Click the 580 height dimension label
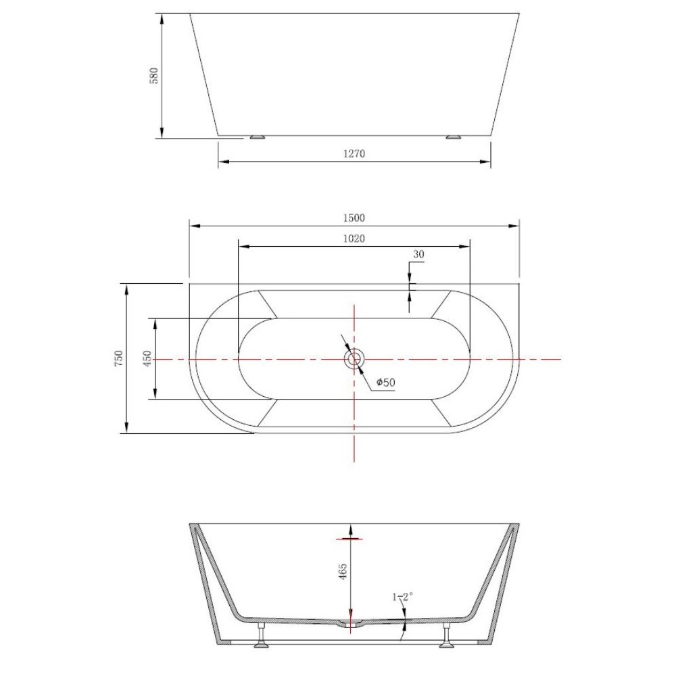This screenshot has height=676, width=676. pyautogui.click(x=154, y=76)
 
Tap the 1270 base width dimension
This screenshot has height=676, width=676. pyautogui.click(x=354, y=153)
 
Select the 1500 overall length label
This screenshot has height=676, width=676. pyautogui.click(x=354, y=218)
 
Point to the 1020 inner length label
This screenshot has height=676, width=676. pyautogui.click(x=354, y=239)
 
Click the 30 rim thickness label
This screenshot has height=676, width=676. pyautogui.click(x=418, y=254)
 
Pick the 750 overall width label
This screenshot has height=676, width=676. pyautogui.click(x=118, y=358)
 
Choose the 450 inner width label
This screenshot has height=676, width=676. pyautogui.click(x=147, y=358)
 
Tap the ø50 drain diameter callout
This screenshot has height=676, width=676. pyautogui.click(x=385, y=382)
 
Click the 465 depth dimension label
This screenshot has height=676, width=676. pyautogui.click(x=343, y=571)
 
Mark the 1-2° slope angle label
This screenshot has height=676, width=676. pyautogui.click(x=403, y=597)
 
